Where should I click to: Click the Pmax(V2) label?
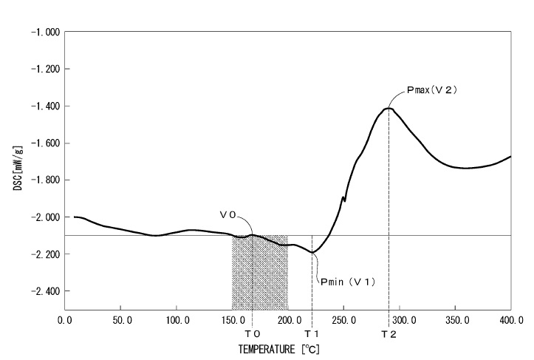point(433,89)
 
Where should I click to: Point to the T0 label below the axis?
point(252,334)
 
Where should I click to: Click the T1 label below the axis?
point(312,334)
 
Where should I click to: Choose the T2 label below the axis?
point(388,334)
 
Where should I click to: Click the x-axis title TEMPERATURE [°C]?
point(279,348)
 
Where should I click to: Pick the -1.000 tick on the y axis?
point(44,33)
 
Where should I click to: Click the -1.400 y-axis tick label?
point(44,106)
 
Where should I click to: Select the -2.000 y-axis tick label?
point(44,217)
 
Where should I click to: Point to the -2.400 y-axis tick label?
point(44,291)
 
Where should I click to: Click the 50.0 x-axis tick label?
point(121,320)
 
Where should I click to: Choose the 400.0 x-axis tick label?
point(510,320)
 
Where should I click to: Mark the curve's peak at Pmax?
point(388,109)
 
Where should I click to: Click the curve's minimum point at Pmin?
point(312,252)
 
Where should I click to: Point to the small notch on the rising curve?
point(343,198)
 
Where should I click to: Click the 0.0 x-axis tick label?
point(65,320)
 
